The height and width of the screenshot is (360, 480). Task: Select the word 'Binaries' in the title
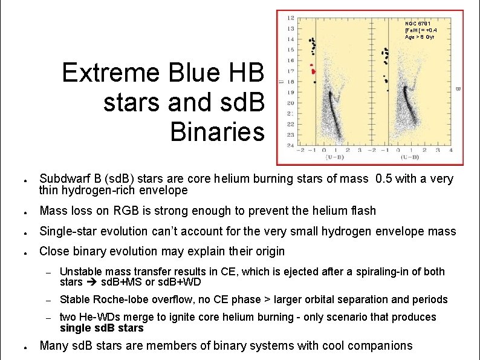[x=218, y=131]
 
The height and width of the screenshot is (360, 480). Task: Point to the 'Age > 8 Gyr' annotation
[x=420, y=37]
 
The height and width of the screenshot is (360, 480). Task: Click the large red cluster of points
[x=313, y=71]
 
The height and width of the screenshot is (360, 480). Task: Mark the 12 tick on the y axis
[x=291, y=18]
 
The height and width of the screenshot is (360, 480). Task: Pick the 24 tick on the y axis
[x=291, y=145]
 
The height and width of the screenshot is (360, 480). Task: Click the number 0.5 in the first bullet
[x=384, y=178]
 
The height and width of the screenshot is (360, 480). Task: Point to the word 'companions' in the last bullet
[x=381, y=345]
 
